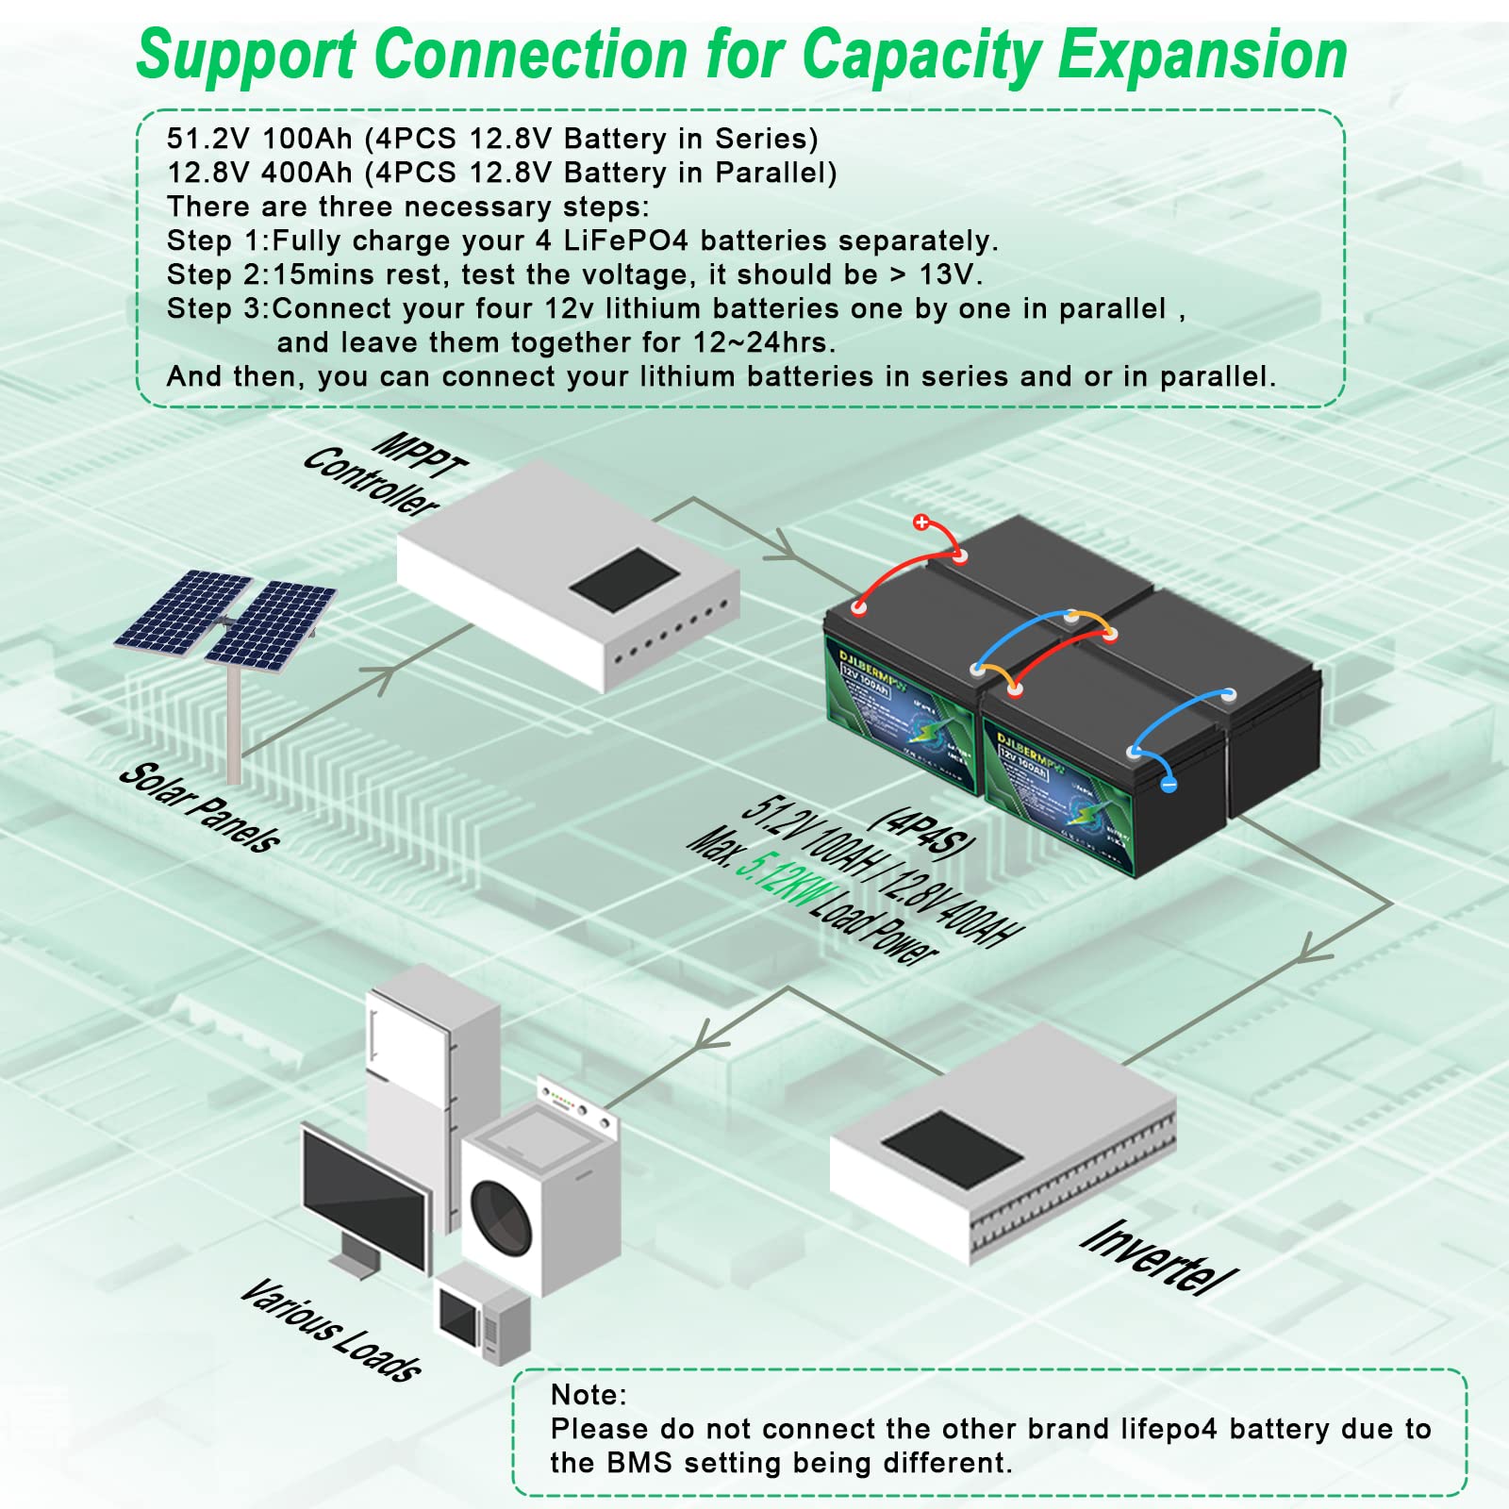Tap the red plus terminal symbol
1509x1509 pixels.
[x=921, y=522]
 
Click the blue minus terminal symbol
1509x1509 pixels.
[x=1169, y=783]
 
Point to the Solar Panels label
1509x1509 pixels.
[x=200, y=807]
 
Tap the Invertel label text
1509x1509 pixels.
[x=1158, y=1256]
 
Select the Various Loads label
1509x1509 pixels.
[x=330, y=1330]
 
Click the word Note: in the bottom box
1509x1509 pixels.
[x=589, y=1394]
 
